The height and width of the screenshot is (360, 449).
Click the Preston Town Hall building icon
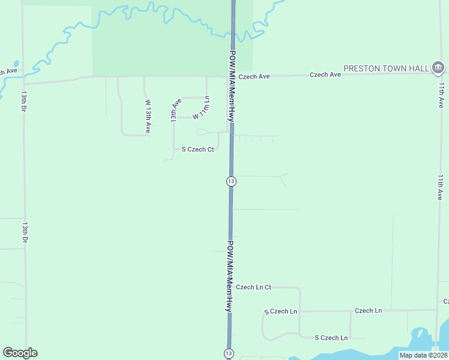[x=438, y=67]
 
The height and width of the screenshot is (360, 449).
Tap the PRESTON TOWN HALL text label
[x=386, y=68]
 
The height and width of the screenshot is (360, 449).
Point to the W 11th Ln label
[x=201, y=107]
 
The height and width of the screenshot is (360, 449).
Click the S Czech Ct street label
[x=197, y=149]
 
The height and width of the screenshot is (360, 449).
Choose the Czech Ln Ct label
[x=253, y=287]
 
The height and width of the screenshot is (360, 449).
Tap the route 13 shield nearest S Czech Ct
[x=231, y=181]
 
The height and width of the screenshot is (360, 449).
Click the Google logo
[x=20, y=353]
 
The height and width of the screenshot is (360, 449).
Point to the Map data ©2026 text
[x=423, y=355]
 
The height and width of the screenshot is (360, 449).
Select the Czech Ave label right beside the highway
[x=255, y=77]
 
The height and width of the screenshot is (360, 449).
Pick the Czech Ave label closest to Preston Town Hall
[x=325, y=74]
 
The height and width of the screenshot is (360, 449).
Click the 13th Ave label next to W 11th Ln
[x=175, y=111]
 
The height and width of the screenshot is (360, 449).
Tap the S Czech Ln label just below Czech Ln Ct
[x=281, y=311]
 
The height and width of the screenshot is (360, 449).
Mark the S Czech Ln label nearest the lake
[x=331, y=338]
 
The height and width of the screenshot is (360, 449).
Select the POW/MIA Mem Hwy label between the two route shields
[x=229, y=275]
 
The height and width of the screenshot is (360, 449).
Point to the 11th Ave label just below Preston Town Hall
[x=441, y=95]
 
